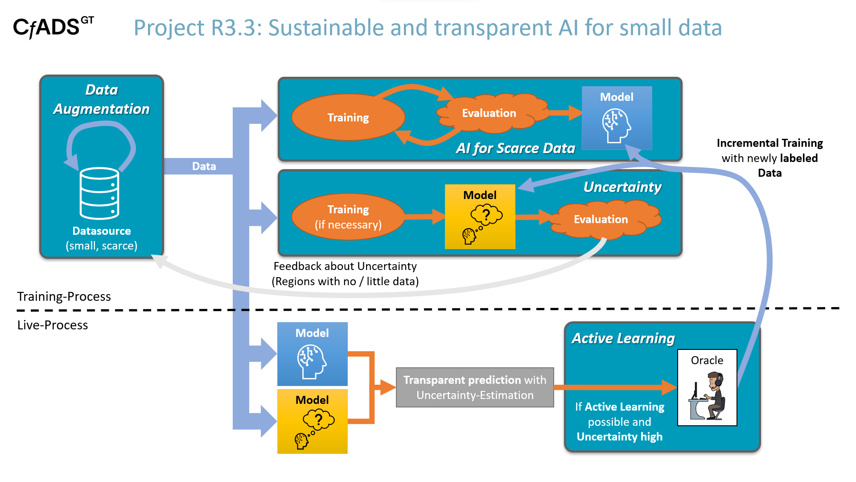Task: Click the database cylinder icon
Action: [x=99, y=193]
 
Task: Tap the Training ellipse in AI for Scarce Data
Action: [x=348, y=117]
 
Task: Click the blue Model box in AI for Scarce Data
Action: [x=617, y=118]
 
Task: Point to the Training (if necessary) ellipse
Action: [x=348, y=217]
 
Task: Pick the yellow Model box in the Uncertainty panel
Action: [x=480, y=216]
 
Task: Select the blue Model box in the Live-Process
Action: [x=312, y=354]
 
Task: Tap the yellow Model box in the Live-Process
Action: [x=312, y=421]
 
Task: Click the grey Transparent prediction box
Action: [x=475, y=387]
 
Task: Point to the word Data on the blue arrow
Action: [x=204, y=166]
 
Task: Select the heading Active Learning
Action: [x=623, y=338]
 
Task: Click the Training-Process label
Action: [x=64, y=296]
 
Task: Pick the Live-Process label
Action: [x=53, y=325]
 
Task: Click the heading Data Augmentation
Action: [x=102, y=99]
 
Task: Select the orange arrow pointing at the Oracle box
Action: [x=615, y=387]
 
